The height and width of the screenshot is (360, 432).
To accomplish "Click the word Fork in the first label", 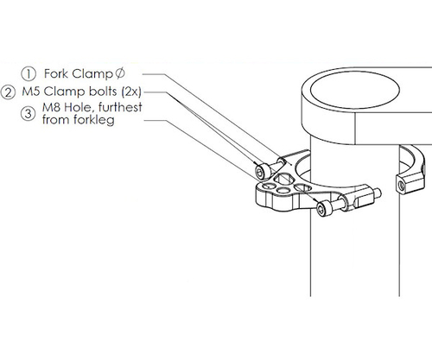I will (57, 75).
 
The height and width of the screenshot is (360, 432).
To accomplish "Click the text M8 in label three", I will (53, 108).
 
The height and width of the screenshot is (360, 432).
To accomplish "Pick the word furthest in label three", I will (120, 108).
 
